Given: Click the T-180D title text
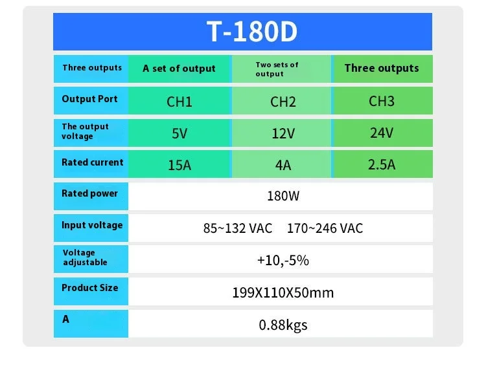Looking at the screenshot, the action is (x=251, y=31).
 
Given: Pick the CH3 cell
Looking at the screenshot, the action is (x=382, y=101).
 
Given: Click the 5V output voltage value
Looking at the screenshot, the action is (x=179, y=134).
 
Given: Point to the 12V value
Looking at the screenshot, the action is (x=283, y=134).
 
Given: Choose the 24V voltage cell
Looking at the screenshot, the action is (x=382, y=133).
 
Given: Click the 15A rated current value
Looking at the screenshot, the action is (x=179, y=165).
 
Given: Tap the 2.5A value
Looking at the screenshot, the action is (x=382, y=164).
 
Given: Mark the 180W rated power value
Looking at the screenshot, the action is (x=283, y=196).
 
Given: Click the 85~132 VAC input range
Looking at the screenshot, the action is (x=238, y=228).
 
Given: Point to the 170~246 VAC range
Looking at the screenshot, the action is (x=325, y=228).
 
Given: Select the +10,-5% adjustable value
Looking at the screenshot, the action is (x=283, y=261).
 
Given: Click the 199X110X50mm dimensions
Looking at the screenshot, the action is (x=283, y=292).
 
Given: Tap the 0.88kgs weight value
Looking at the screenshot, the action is (x=283, y=325).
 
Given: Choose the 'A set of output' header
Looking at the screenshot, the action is (x=179, y=69).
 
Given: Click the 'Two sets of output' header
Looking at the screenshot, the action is (x=277, y=69).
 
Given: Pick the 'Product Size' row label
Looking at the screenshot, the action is (x=89, y=288).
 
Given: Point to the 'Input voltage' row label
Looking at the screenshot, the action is (x=92, y=225).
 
